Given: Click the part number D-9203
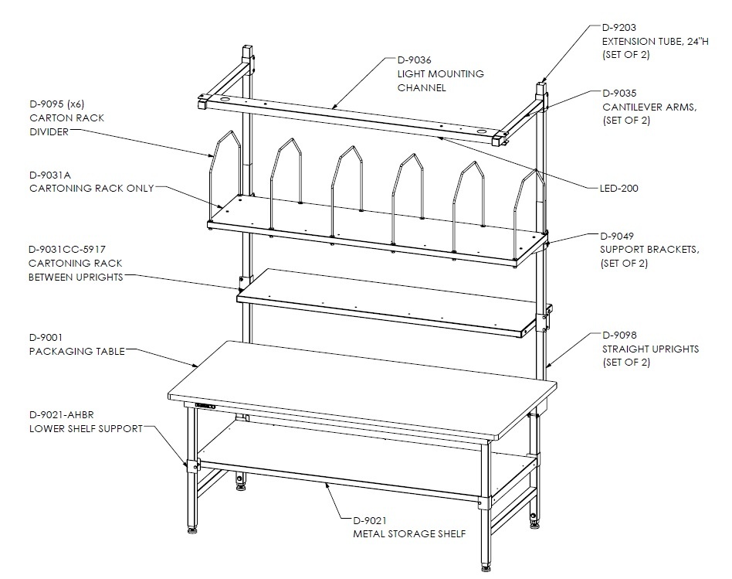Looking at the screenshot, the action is (x=618, y=28).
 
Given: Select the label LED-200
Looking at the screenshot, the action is (x=618, y=189).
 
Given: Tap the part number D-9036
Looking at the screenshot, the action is (x=414, y=60).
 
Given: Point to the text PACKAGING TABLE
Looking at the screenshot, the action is (x=77, y=351).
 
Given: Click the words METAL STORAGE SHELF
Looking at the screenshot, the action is (x=409, y=533).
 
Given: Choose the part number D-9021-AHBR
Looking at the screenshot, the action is (x=61, y=414).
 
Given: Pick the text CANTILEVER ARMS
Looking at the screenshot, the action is (x=649, y=107).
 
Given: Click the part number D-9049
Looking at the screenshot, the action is (x=617, y=236).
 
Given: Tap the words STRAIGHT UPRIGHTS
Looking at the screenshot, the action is (x=650, y=349).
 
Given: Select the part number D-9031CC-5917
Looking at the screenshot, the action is (x=66, y=249).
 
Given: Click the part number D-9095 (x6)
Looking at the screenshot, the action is (x=56, y=104).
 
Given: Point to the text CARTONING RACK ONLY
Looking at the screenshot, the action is (x=91, y=189).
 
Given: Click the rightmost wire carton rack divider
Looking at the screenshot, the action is (x=530, y=215).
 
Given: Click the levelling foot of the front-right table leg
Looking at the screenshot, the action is (x=486, y=567).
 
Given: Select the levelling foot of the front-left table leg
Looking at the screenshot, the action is (x=191, y=530).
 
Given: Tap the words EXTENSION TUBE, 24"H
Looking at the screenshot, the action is (x=655, y=41).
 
